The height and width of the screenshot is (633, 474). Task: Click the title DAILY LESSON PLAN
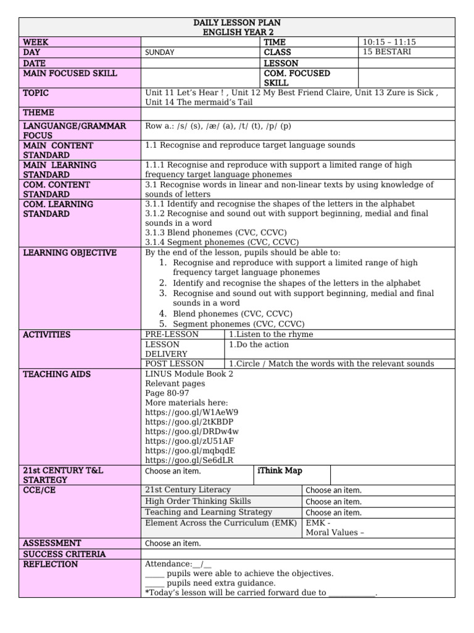pyautogui.click(x=237, y=22)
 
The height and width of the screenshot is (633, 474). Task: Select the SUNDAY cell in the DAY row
pyautogui.click(x=159, y=53)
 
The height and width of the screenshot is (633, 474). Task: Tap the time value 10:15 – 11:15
pyautogui.click(x=389, y=42)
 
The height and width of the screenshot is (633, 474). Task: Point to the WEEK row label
pyautogui.click(x=36, y=42)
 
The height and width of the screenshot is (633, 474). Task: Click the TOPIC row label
pyautogui.click(x=36, y=93)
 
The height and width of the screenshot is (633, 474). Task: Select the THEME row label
pyautogui.click(x=38, y=113)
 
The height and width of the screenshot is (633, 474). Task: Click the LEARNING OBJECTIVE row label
pyautogui.click(x=70, y=253)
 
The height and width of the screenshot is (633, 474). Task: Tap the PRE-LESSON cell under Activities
pyautogui.click(x=172, y=334)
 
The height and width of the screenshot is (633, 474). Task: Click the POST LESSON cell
pyautogui.click(x=175, y=363)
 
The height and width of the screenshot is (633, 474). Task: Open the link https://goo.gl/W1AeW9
pyautogui.click(x=191, y=412)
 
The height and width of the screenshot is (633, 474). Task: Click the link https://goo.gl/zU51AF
pyautogui.click(x=189, y=441)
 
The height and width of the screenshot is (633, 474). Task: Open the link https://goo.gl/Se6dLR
pyautogui.click(x=190, y=460)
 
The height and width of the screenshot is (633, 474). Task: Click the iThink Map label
pyautogui.click(x=280, y=470)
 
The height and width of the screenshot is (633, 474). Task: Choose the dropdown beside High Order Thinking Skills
pyautogui.click(x=333, y=502)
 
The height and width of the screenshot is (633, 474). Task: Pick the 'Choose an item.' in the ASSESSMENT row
pyautogui.click(x=173, y=543)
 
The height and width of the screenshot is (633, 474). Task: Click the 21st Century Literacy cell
pyautogui.click(x=188, y=490)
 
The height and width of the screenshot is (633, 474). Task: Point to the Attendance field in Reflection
pyautogui.click(x=178, y=564)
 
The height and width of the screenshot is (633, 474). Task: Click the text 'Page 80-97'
pyautogui.click(x=167, y=393)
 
